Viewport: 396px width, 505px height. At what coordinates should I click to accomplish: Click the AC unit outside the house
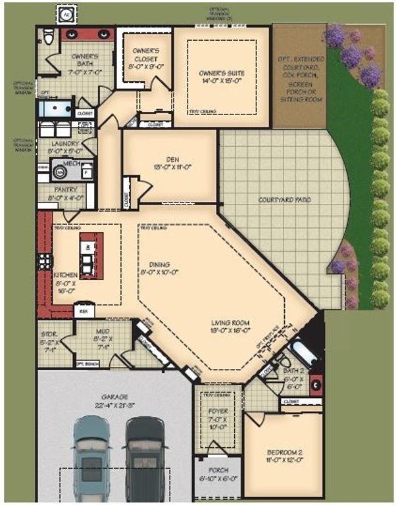coord(66,14)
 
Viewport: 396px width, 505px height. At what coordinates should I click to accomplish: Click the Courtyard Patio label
coord(284,200)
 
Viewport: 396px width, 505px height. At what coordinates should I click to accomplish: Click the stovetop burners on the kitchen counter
coord(44,260)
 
